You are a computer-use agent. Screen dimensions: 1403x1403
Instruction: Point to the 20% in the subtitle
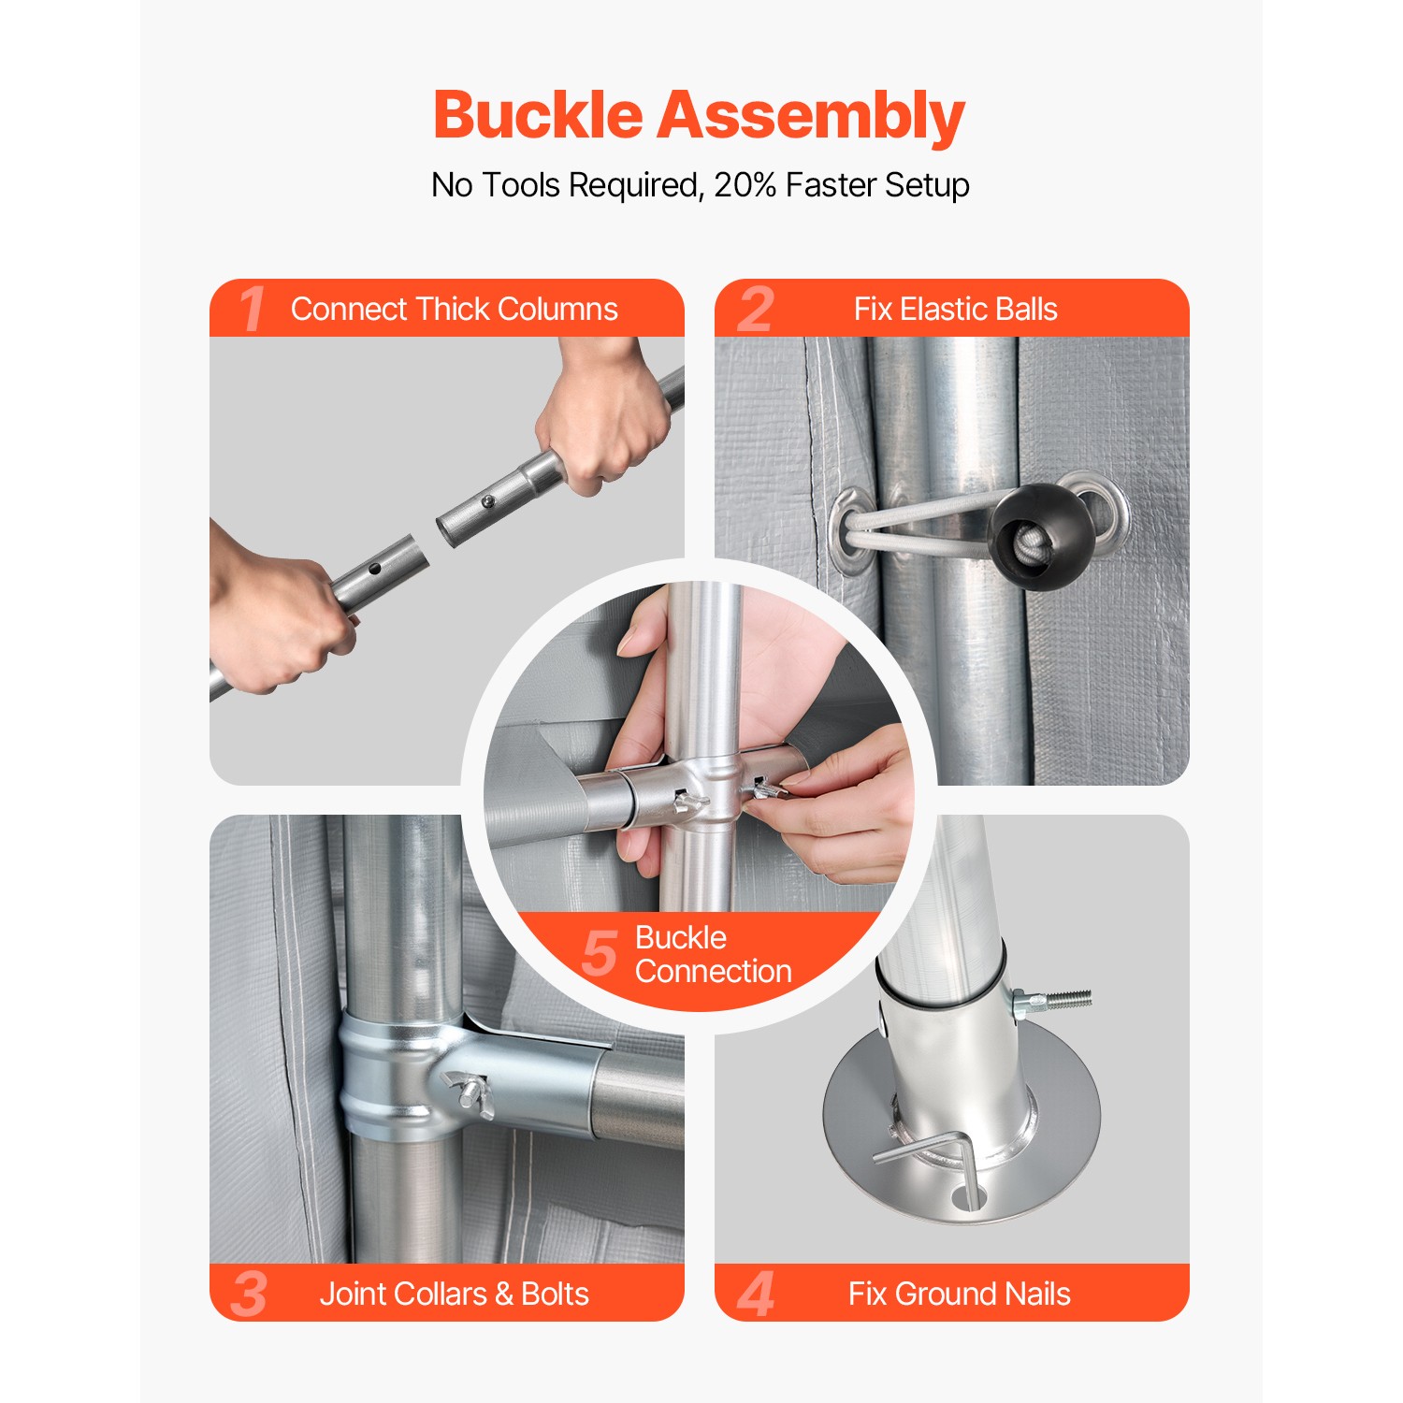pyautogui.click(x=745, y=185)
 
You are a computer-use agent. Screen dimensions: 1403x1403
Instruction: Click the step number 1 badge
pyautogui.click(x=251, y=310)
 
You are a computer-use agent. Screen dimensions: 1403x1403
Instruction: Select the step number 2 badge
pyautogui.click(x=756, y=310)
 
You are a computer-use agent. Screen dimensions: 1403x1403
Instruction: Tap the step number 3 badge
pyautogui.click(x=249, y=1294)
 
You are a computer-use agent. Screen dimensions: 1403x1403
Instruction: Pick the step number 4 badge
pyautogui.click(x=756, y=1294)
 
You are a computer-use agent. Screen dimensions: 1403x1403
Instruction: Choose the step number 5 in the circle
pyautogui.click(x=600, y=953)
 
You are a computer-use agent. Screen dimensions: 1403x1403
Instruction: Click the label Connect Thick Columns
pyautogui.click(x=454, y=310)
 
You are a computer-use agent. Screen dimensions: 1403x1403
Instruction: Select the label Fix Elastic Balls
pyautogui.click(x=955, y=310)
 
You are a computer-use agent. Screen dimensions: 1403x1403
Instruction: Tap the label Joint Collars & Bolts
pyautogui.click(x=454, y=1294)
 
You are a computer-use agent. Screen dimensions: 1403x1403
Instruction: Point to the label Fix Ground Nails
pyautogui.click(x=959, y=1294)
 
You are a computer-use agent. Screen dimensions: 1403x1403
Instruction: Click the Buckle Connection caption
pyautogui.click(x=713, y=954)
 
